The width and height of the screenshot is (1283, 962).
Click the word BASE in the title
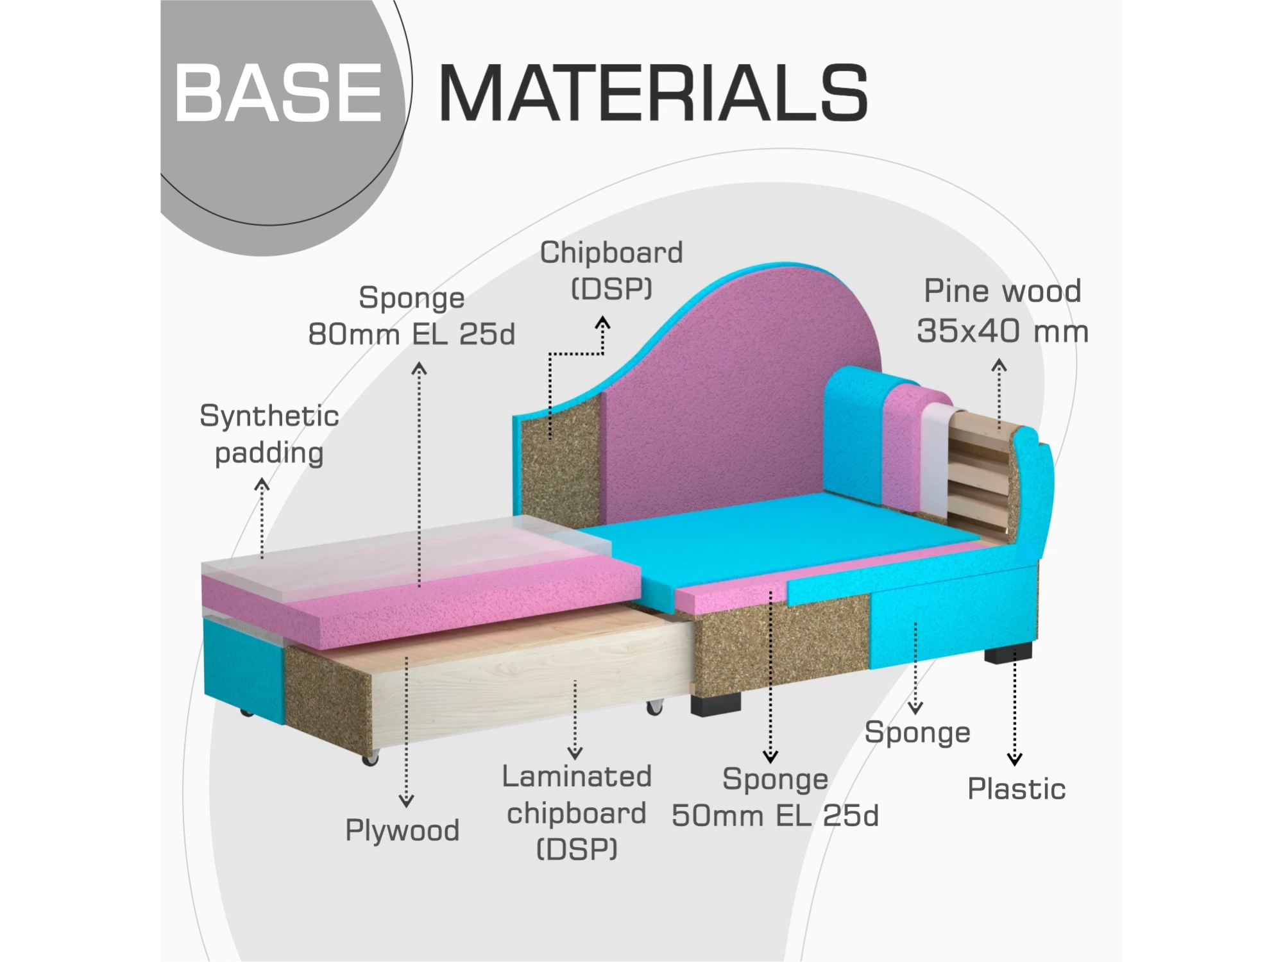[278, 93]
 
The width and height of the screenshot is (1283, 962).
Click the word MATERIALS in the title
[653, 93]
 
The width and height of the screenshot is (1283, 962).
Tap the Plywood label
[402, 831]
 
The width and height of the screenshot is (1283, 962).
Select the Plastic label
[1016, 789]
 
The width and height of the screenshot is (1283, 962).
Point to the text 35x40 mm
[1003, 331]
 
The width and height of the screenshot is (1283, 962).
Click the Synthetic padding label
[269, 435]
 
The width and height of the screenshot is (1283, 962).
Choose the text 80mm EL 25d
[411, 334]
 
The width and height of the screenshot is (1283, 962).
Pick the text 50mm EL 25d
[775, 816]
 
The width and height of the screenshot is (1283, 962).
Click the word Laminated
[577, 777]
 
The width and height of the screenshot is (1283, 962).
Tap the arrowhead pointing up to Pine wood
[999, 366]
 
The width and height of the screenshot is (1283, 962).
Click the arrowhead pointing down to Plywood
[406, 801]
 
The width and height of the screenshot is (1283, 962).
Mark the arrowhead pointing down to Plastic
[1014, 759]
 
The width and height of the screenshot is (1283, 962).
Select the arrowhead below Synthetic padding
[262, 485]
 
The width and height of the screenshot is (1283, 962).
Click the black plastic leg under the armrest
[1008, 654]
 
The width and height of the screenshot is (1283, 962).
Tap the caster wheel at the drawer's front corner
[370, 759]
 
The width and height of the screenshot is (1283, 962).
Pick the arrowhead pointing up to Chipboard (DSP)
[602, 323]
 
